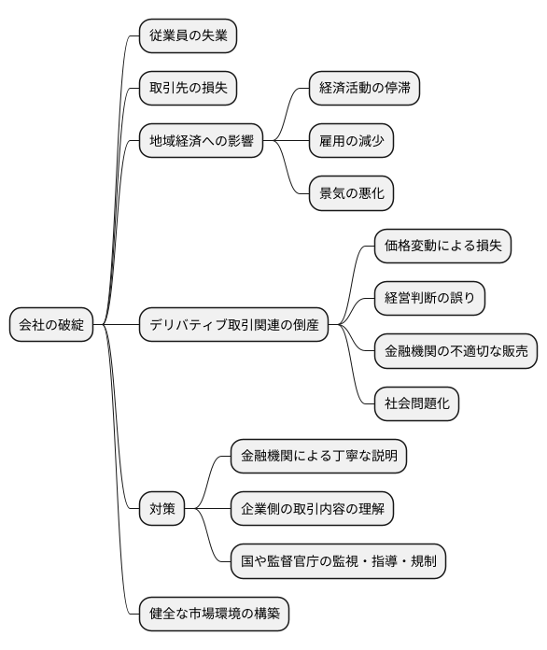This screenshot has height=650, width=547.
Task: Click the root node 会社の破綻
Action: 51,325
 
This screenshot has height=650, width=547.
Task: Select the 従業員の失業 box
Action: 188,37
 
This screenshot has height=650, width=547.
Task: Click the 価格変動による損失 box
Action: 442,247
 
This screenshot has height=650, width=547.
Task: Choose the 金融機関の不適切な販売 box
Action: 456,351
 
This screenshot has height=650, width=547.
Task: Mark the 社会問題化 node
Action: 416,403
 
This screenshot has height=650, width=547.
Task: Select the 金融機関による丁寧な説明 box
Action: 318,457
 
